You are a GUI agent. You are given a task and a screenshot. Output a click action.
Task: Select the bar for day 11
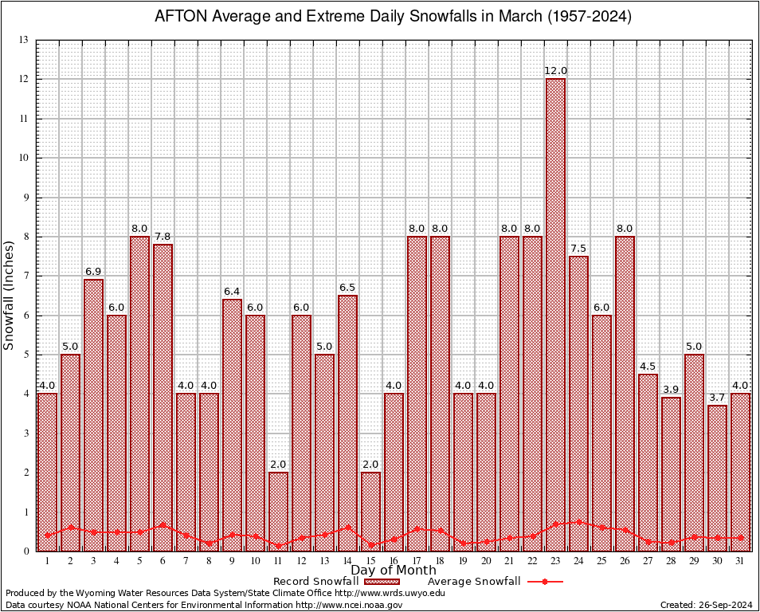point(278,511)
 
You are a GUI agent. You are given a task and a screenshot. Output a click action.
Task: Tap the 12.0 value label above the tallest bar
point(555,71)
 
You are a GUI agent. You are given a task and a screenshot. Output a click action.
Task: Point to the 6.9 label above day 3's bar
point(93,272)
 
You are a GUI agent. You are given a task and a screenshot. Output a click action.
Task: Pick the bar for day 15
point(370,511)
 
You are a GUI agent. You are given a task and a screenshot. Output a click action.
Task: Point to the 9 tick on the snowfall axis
point(25,197)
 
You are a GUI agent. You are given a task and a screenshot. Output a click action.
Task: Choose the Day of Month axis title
point(393,571)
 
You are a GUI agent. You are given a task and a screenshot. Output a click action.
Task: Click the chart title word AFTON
point(178,17)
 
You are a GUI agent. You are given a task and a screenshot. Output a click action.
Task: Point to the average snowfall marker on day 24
point(578,522)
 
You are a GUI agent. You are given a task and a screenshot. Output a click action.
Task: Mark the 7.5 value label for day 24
point(578,249)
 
